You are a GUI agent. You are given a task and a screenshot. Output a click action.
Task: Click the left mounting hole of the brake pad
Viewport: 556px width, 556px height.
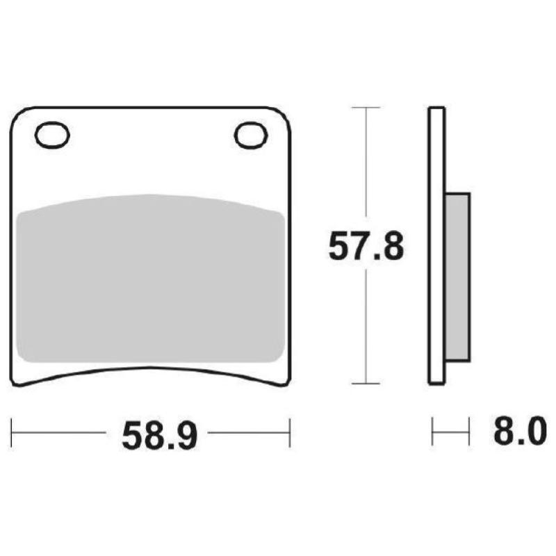tap(53, 136)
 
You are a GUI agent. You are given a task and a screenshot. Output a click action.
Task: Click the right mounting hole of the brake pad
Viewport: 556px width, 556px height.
tap(252, 136)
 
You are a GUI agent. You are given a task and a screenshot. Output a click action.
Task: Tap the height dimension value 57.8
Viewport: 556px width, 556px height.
tap(366, 247)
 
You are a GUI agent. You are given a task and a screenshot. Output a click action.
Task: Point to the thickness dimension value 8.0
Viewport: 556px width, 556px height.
tap(516, 432)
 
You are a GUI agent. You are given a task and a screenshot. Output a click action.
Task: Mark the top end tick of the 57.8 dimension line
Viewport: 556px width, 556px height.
tap(366, 108)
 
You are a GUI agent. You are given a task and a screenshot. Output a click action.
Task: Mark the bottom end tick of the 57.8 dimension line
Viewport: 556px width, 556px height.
tap(366, 383)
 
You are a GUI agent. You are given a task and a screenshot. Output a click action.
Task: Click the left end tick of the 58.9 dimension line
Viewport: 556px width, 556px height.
tap(13, 432)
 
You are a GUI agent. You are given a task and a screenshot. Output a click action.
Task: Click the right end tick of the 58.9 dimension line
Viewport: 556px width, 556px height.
tap(289, 432)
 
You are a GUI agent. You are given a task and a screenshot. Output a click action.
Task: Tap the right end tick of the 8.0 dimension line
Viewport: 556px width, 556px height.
tap(470, 432)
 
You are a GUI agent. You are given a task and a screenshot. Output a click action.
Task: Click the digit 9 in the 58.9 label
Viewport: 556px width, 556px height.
tap(186, 435)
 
